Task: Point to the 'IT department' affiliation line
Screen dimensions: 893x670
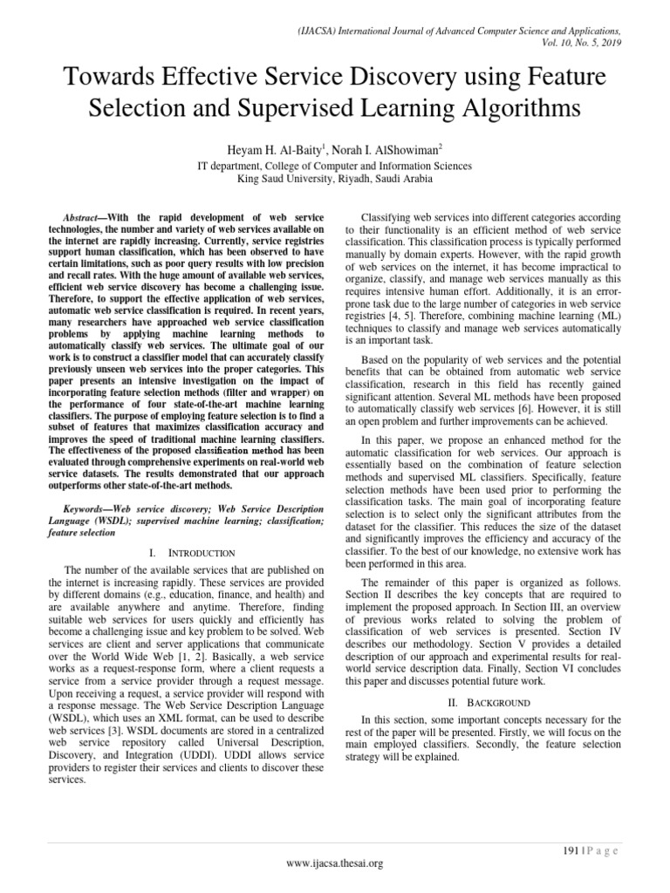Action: [336, 165]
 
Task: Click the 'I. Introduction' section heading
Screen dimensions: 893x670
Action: [187, 552]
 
